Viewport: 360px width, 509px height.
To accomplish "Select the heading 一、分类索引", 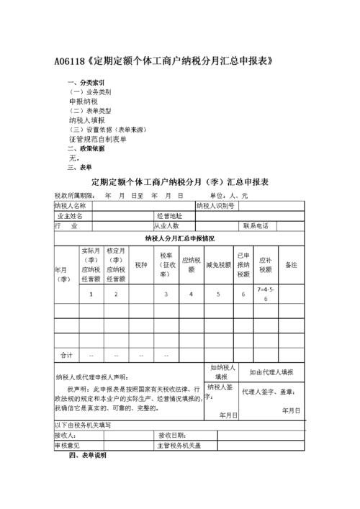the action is point(86,83).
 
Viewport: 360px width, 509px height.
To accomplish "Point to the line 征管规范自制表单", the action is point(97,139).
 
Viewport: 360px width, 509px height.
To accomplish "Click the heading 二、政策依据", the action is point(86,148).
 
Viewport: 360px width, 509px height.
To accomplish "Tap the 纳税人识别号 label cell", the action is point(215,205).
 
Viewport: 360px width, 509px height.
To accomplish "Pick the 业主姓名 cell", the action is point(71,215).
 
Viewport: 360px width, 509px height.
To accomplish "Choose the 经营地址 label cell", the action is point(169,215).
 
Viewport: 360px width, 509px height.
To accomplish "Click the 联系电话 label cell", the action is point(256,225).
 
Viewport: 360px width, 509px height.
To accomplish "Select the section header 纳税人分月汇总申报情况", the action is point(179,238).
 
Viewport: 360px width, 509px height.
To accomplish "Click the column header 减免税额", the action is point(218,264).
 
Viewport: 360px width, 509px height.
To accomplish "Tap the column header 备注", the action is point(291,264).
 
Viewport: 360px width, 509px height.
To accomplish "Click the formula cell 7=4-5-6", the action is point(265,294).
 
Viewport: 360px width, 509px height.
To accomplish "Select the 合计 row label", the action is point(66,355).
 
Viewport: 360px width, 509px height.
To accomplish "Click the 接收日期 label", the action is point(172,436).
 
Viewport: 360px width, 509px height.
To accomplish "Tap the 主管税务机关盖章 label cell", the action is point(180,446).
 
